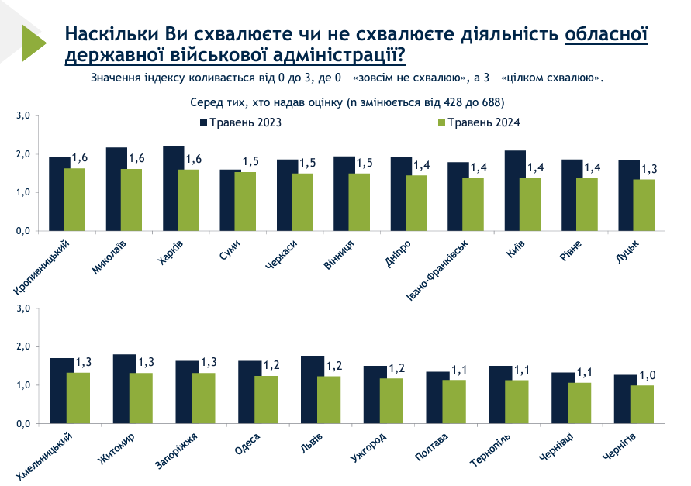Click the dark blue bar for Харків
tap(173, 188)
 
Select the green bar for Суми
tap(245, 202)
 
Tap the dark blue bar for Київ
tap(514, 191)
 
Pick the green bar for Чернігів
tap(641, 405)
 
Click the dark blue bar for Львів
tap(313, 390)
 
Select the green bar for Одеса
tap(266, 400)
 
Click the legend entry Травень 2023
tap(240, 123)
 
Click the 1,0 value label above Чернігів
tap(647, 376)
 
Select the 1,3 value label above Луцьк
tap(648, 170)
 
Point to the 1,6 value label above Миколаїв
tap(136, 159)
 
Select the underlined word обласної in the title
tap(606, 35)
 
